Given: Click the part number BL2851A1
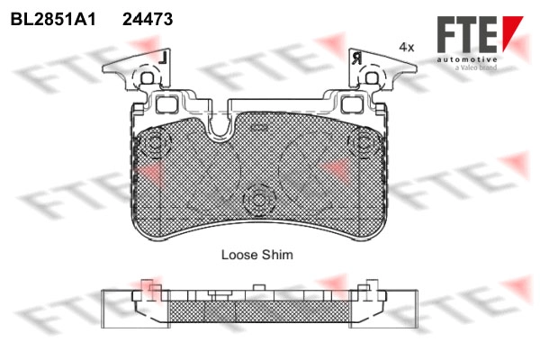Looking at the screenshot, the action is click(x=53, y=19).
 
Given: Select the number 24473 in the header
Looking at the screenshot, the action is click(x=148, y=19).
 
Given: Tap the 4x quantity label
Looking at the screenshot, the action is click(x=407, y=47).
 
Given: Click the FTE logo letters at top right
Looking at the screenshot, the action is click(x=467, y=34).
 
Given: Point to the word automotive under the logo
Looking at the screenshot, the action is click(x=467, y=60).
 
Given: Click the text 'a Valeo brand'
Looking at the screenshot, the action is click(x=476, y=67).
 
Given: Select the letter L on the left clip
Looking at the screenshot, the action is click(x=163, y=58).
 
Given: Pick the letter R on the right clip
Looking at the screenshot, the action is click(x=357, y=58).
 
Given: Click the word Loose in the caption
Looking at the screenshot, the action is click(x=239, y=255).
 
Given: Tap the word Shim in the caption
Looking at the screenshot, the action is click(x=277, y=255).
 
